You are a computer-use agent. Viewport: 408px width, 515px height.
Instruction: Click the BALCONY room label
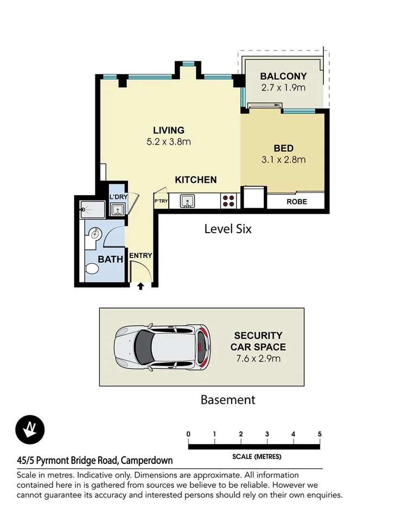click(283, 76)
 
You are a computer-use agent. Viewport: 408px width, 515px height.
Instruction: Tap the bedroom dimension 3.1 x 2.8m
click(283, 159)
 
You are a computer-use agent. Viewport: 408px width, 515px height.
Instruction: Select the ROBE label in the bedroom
click(296, 202)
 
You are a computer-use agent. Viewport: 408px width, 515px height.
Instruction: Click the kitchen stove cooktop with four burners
click(228, 201)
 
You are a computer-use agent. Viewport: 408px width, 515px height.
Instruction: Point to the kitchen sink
click(188, 201)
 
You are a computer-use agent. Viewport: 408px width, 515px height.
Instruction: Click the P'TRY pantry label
click(161, 201)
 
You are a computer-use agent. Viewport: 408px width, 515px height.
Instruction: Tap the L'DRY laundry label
click(117, 197)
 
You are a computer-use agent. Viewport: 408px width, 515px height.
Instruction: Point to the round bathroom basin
click(95, 234)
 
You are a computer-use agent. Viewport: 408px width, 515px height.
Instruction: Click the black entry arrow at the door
click(141, 286)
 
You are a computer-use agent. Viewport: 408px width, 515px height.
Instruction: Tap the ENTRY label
click(141, 256)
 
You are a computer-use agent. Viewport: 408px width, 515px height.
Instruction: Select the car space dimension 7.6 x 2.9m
click(258, 358)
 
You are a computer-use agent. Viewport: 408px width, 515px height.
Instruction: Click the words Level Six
click(228, 229)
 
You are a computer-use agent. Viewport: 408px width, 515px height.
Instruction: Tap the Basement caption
click(228, 400)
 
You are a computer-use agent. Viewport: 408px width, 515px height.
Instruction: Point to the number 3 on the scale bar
click(267, 434)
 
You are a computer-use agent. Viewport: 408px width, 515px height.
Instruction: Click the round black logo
click(30, 430)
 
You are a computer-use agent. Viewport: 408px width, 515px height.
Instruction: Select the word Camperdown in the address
click(147, 461)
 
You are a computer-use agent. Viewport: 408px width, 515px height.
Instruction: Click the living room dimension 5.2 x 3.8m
click(169, 142)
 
